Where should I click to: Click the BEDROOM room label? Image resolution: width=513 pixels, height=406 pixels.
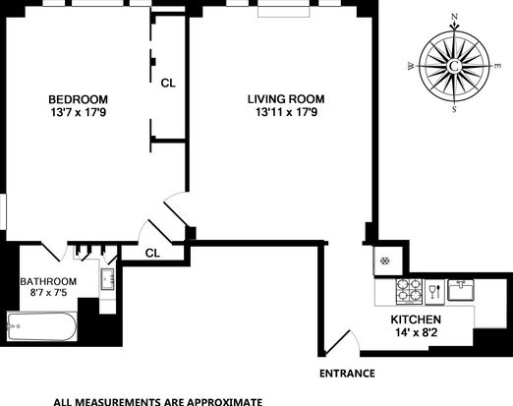click(x=78, y=99)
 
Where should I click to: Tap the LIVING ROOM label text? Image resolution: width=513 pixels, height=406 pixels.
click(x=286, y=99)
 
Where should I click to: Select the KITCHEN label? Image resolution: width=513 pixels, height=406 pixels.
click(x=416, y=319)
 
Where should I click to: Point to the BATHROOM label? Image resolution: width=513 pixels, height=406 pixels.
click(x=48, y=281)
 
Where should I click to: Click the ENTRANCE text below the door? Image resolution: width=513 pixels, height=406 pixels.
click(x=347, y=374)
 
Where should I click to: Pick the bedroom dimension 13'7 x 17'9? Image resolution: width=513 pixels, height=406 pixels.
click(x=79, y=113)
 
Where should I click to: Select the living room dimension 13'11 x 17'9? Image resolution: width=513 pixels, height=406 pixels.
click(x=286, y=112)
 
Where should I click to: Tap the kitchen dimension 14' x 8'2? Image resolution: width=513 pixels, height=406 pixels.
click(x=417, y=332)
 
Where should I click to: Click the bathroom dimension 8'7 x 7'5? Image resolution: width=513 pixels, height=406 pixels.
click(x=48, y=292)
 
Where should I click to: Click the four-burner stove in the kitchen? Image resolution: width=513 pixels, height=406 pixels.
click(x=409, y=291)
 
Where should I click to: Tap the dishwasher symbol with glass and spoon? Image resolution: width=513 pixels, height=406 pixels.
click(x=435, y=291)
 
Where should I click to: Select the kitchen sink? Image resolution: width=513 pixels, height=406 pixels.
click(x=461, y=290)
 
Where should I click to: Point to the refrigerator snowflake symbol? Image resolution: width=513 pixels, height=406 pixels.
click(x=384, y=261)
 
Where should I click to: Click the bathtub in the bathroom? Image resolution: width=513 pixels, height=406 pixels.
click(x=41, y=326)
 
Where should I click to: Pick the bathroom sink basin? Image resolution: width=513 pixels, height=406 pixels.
click(x=107, y=279)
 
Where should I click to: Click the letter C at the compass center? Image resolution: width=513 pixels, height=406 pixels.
click(x=454, y=66)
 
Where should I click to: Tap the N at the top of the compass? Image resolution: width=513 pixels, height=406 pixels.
click(x=454, y=17)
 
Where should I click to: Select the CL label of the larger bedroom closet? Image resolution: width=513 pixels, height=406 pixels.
click(x=168, y=84)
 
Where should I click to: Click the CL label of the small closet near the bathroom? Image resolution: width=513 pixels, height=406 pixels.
click(x=152, y=253)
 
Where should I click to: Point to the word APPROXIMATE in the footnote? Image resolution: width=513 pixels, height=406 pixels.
click(x=220, y=402)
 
